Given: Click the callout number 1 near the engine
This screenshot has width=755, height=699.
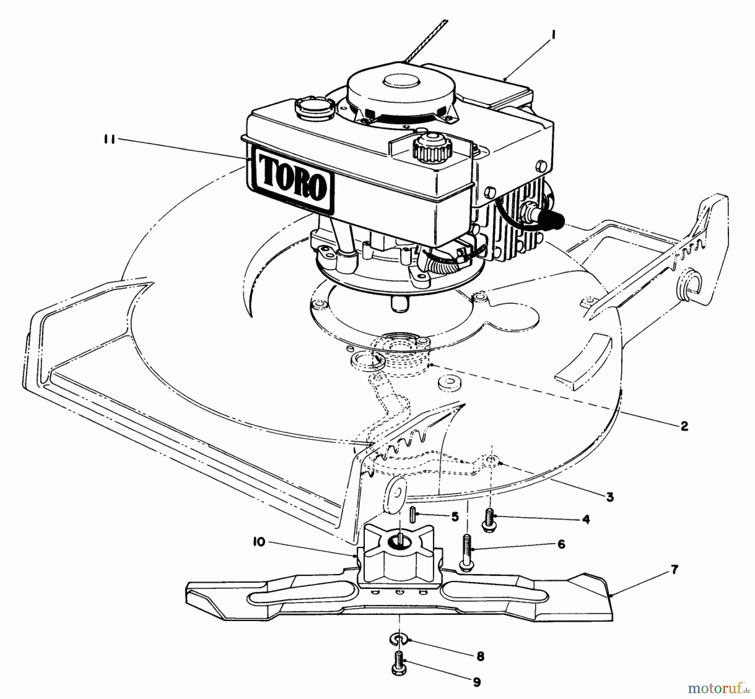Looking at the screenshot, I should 553,36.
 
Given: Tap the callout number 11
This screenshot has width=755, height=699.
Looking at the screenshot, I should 110,140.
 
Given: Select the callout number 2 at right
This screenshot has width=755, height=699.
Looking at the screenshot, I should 684,426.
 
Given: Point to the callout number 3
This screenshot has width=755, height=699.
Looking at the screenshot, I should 610,497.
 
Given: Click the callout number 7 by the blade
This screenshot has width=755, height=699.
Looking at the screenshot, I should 674,570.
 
